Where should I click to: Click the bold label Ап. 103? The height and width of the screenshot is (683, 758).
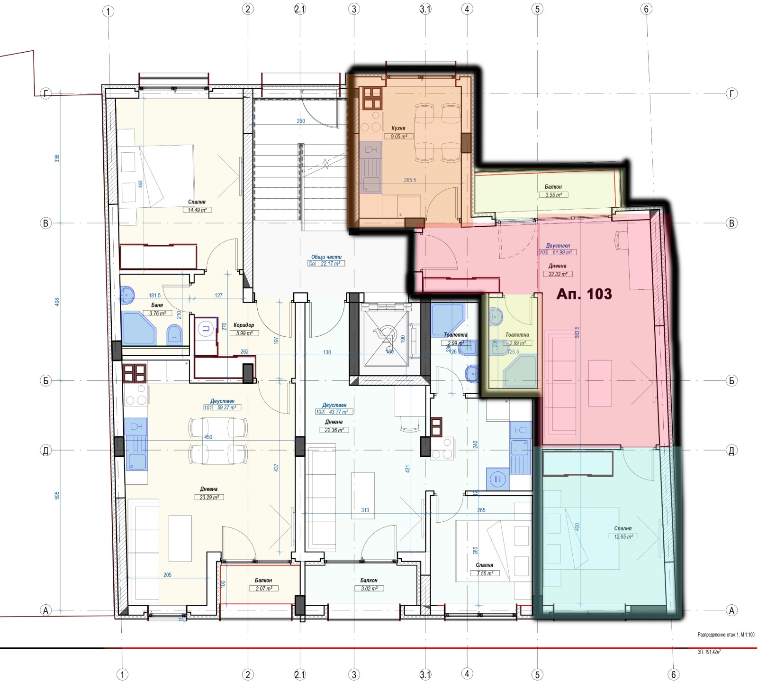point(584,294)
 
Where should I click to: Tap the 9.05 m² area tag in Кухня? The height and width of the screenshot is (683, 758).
point(399,137)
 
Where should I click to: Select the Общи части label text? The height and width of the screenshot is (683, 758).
point(326,257)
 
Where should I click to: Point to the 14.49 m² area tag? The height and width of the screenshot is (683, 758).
point(197,210)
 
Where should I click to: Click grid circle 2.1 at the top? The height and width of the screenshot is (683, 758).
point(300,9)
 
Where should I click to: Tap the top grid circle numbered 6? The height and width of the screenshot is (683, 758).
point(646,9)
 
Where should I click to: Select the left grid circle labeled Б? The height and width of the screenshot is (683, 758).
point(46,380)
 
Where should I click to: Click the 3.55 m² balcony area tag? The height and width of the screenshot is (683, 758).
point(553,195)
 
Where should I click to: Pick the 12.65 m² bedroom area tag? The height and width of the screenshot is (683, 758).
point(623,537)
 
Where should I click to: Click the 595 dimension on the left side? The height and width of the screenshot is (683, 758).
point(57,495)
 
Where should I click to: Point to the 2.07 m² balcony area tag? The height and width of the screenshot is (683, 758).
point(264,589)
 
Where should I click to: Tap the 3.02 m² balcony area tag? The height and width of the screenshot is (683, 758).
point(369,589)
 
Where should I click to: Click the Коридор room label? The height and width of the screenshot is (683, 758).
point(244,325)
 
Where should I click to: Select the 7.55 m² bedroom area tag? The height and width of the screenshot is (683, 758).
point(485,573)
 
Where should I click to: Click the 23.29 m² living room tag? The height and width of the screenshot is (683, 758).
point(209,498)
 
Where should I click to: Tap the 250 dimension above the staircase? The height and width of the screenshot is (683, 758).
point(301,121)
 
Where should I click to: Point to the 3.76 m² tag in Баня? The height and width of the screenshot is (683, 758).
point(157,314)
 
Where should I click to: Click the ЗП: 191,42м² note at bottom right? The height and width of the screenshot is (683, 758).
point(709,652)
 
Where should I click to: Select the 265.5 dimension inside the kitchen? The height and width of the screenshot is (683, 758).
point(410,180)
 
